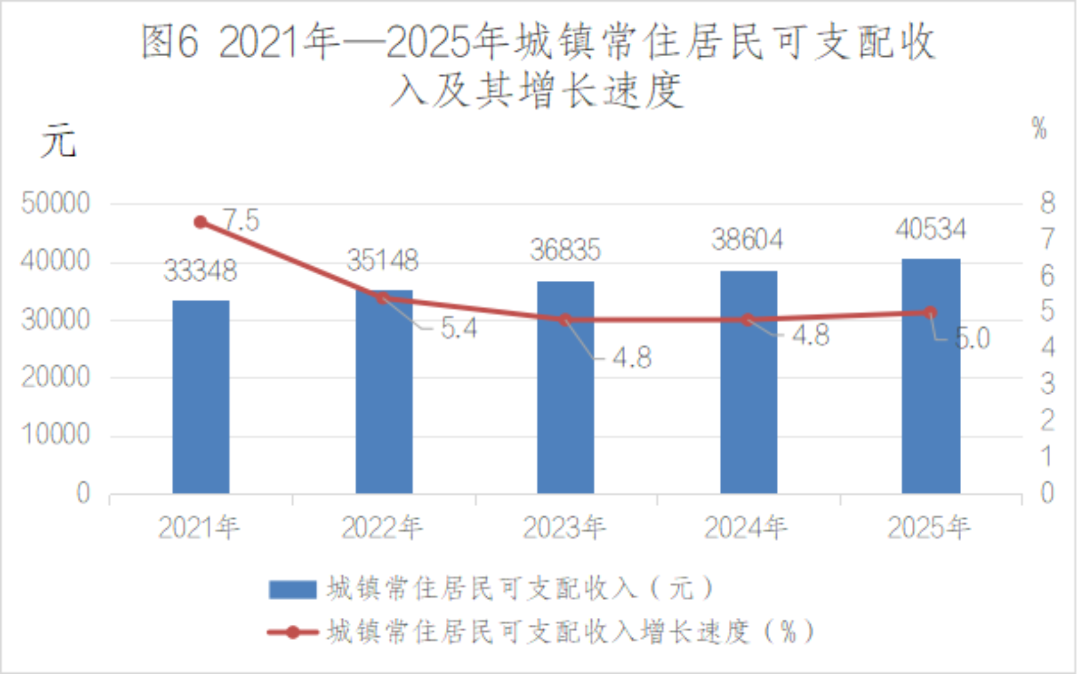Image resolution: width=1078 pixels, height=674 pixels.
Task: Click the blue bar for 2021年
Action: pyautogui.click(x=201, y=397)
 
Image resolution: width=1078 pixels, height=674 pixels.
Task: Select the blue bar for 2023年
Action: pyautogui.click(x=565, y=387)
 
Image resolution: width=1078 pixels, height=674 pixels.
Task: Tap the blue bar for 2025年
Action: pyautogui.click(x=931, y=376)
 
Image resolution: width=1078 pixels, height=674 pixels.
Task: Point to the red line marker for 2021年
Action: pyautogui.click(x=201, y=222)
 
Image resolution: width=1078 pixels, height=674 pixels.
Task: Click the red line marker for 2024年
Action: pyautogui.click(x=747, y=320)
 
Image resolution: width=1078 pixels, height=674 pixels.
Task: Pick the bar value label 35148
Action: pyautogui.click(x=383, y=261)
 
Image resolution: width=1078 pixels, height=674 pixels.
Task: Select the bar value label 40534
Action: pyautogui.click(x=931, y=229)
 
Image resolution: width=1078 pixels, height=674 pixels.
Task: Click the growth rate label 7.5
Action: pyautogui.click(x=241, y=220)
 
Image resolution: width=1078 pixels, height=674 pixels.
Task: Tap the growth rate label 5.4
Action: pyautogui.click(x=458, y=328)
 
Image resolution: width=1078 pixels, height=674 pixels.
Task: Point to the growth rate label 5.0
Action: pyautogui.click(x=972, y=338)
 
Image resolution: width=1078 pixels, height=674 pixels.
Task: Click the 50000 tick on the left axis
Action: pyautogui.click(x=56, y=203)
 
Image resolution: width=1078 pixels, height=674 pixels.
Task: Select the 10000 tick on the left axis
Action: pyautogui.click(x=56, y=434)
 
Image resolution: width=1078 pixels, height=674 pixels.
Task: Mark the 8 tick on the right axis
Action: pyautogui.click(x=1047, y=203)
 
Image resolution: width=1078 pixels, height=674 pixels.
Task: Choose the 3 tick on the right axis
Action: pyautogui.click(x=1047, y=384)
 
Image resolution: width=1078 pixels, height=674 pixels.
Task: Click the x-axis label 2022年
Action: pyautogui.click(x=382, y=527)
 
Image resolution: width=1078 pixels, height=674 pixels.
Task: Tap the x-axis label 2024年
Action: pyautogui.click(x=746, y=527)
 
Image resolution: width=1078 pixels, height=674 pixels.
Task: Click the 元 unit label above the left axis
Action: pyautogui.click(x=58, y=140)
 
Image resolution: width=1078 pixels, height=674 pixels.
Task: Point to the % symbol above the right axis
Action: pyautogui.click(x=1039, y=129)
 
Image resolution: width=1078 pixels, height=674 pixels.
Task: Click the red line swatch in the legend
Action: pyautogui.click(x=292, y=632)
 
